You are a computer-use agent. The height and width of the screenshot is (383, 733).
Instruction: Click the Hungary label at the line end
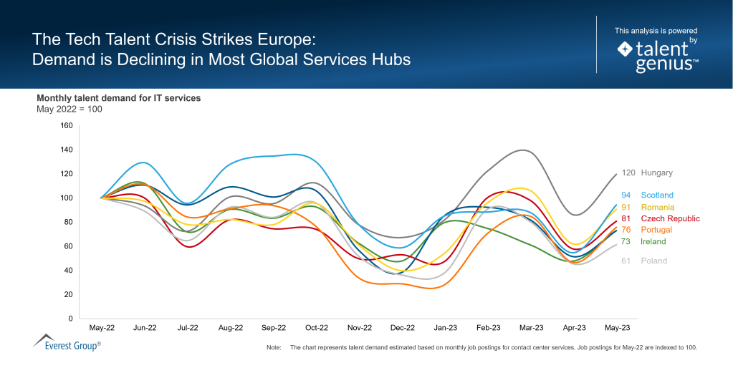tap(656, 173)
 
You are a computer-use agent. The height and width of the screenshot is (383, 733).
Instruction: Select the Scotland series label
tap(656, 195)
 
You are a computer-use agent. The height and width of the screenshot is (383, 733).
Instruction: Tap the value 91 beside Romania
tap(626, 207)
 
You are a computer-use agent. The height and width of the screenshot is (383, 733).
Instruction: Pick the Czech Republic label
tap(670, 218)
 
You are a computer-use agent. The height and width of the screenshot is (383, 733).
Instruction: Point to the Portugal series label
tap(656, 230)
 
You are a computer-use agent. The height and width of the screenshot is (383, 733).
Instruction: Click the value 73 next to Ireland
tap(626, 241)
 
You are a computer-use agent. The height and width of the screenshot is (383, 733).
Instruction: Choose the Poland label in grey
tap(653, 261)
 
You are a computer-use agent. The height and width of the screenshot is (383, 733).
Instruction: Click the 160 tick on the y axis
tap(67, 125)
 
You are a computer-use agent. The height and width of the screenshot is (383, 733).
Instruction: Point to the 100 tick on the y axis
tap(67, 198)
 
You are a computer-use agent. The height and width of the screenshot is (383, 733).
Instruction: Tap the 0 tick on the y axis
tap(70, 318)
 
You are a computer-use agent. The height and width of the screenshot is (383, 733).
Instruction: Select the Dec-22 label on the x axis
tap(402, 328)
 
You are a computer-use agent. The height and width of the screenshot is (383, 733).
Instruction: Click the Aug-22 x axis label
tap(231, 328)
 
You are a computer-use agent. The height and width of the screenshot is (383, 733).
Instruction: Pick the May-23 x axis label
tap(617, 328)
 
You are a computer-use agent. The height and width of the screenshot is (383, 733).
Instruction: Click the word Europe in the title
tap(287, 38)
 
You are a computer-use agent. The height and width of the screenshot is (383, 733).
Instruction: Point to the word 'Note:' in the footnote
tap(273, 347)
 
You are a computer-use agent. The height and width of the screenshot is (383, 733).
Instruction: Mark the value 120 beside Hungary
tap(628, 173)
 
